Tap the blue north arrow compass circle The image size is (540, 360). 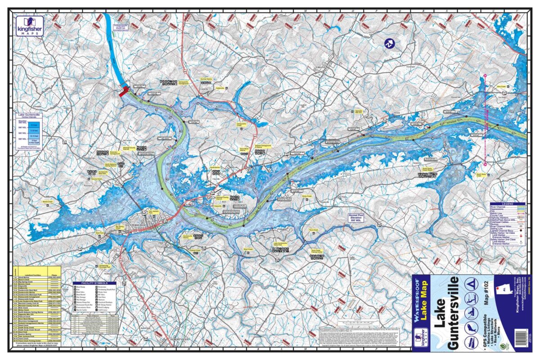pyautogui.click(x=389, y=43)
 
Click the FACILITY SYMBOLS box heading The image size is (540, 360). pyautogui.click(x=88, y=283)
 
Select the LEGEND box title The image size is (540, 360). pyautogui.click(x=507, y=204)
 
